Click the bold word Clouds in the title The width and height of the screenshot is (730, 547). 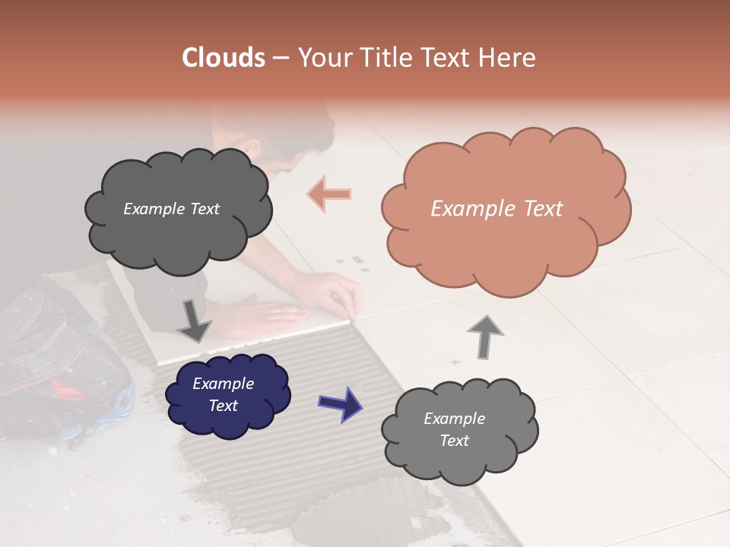[x=224, y=58]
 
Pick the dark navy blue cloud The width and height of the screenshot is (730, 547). [x=227, y=394]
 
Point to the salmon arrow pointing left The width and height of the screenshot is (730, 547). [x=329, y=194]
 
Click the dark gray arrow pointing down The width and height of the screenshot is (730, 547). [x=195, y=321]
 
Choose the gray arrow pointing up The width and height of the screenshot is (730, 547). [x=485, y=337]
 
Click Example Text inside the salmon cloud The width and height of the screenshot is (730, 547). [x=497, y=209]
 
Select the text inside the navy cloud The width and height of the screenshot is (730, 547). [x=224, y=394]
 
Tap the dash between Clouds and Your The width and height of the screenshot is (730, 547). [x=281, y=58]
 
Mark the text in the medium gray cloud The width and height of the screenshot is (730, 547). [x=454, y=429]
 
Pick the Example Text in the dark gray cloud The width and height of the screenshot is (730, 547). [x=171, y=209]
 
